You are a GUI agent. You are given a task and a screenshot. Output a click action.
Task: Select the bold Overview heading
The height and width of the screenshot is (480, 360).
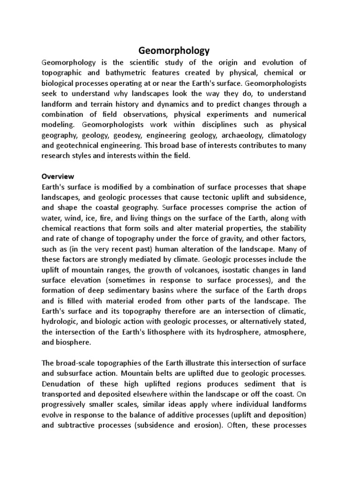pyautogui.click(x=58, y=176)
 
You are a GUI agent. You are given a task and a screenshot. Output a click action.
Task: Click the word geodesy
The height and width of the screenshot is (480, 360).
pyautogui.click(x=146, y=135)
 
